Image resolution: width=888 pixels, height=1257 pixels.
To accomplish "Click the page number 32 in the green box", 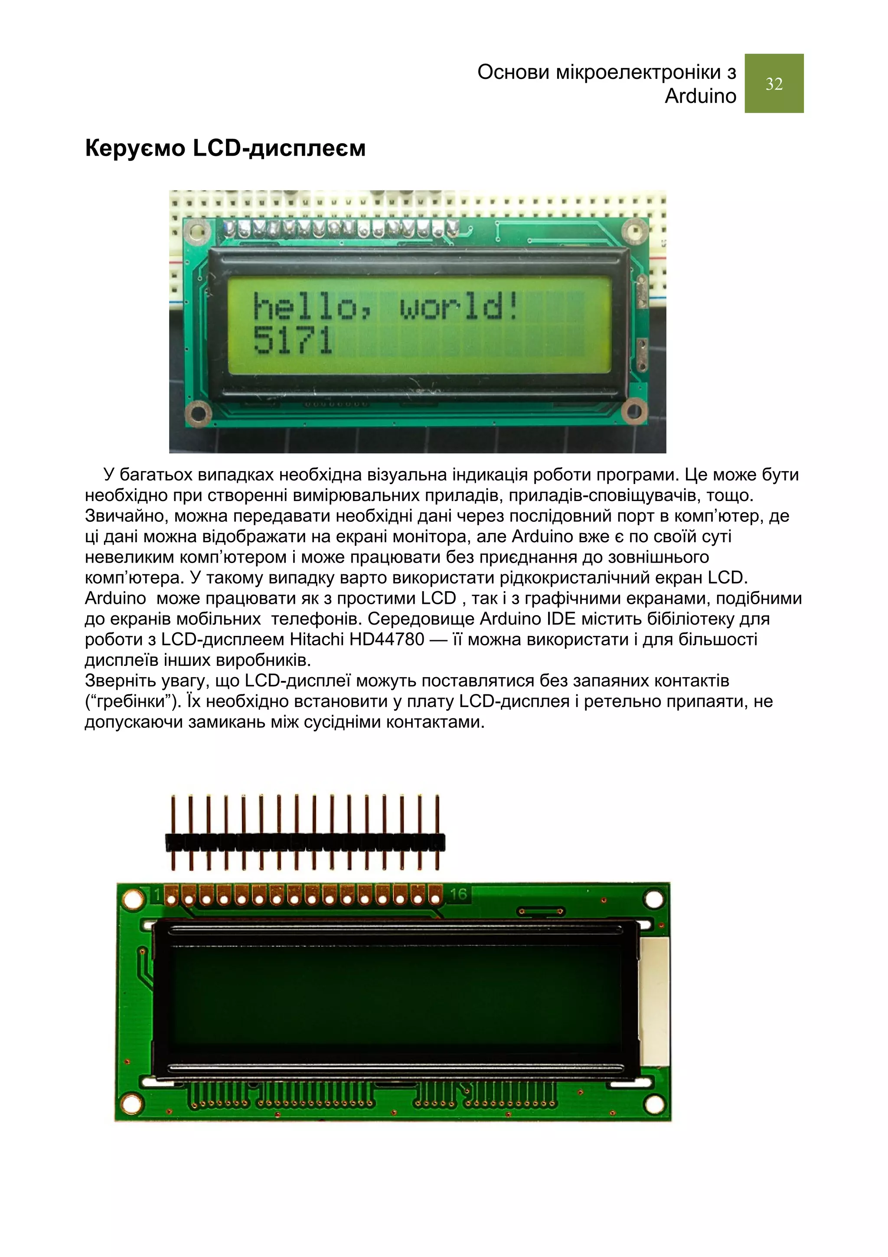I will tap(774, 84).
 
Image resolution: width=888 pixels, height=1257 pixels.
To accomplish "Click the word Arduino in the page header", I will tap(700, 96).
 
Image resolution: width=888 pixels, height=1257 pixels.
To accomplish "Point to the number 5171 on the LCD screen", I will tap(293, 340).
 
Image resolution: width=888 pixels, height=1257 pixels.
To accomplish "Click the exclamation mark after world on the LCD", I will tap(513, 307).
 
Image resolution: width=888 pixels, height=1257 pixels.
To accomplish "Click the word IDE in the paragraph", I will tap(561, 619).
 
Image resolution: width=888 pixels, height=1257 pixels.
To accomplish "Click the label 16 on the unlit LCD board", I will tap(458, 894).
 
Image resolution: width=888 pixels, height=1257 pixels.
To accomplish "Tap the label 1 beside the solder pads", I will tap(157, 896).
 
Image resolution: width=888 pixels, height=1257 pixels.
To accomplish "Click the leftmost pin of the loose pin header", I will tap(173, 833).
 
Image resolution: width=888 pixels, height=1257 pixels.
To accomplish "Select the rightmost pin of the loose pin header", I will tap(437, 833).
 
